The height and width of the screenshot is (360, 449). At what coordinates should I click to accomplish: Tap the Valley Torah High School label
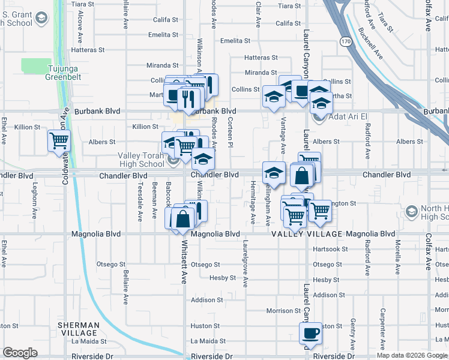point(140,160)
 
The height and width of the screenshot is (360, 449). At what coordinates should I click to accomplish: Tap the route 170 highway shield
point(345,41)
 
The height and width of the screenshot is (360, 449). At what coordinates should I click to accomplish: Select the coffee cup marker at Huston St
point(311,332)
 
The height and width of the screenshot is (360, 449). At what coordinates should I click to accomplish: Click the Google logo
point(20,353)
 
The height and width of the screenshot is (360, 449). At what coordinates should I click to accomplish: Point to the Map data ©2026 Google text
point(411,355)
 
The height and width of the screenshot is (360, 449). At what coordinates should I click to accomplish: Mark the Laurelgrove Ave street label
point(246,264)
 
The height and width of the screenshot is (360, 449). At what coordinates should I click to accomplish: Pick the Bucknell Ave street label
point(370,43)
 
